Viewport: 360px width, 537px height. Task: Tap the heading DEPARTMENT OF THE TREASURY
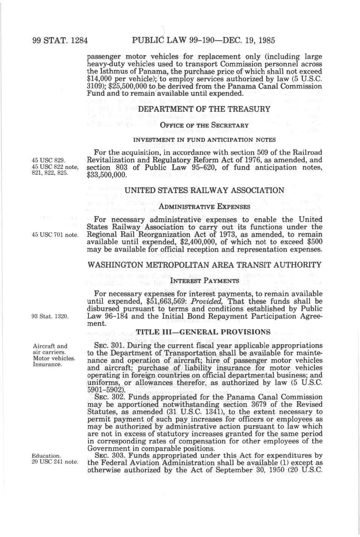pyautogui.click(x=204, y=109)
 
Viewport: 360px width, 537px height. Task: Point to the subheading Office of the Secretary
pyautogui.click(x=204, y=125)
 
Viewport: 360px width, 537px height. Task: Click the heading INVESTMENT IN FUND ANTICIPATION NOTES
pyautogui.click(x=204, y=140)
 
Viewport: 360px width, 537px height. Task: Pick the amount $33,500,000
pyautogui.click(x=106, y=175)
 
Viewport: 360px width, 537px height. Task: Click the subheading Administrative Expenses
pyautogui.click(x=204, y=206)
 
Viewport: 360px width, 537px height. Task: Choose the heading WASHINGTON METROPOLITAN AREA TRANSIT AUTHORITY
pyautogui.click(x=204, y=265)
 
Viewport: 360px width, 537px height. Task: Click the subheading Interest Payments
pyautogui.click(x=204, y=281)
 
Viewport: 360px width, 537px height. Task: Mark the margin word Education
pyautogui.click(x=46, y=455)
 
